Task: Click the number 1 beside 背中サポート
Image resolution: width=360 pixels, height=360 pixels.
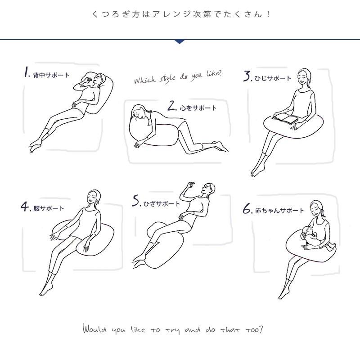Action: coord(27,72)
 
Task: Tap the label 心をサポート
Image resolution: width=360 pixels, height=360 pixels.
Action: coord(198,108)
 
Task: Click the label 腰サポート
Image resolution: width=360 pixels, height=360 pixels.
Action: coord(49,208)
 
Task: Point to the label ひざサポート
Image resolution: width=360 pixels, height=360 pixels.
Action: coord(162,203)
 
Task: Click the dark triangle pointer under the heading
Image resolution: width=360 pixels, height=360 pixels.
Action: coord(180,41)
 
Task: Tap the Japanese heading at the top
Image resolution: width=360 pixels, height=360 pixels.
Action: coord(180,14)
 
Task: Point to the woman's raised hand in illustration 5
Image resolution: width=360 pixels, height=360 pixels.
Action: coord(190,185)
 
